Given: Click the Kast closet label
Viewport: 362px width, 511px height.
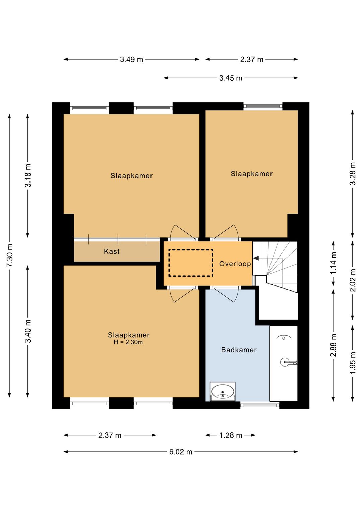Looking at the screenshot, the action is [112, 251].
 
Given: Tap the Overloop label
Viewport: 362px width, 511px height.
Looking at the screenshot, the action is [235, 264].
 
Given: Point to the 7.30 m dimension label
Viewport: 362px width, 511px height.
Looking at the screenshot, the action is [10, 255].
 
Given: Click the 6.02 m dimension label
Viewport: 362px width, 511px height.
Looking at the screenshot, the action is [180, 452].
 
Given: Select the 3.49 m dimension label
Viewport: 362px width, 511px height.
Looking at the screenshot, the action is [131, 59].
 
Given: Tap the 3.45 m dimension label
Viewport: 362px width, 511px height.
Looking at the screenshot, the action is [231, 78].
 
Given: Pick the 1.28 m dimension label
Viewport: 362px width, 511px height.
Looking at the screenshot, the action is [231, 435].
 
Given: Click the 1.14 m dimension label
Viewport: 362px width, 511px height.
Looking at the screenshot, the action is [334, 263].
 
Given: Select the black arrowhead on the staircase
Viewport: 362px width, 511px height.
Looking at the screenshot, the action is [256, 258].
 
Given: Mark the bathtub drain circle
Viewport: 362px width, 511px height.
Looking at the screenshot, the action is [284, 338].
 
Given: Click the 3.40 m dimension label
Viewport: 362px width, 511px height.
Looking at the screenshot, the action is [28, 332].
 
